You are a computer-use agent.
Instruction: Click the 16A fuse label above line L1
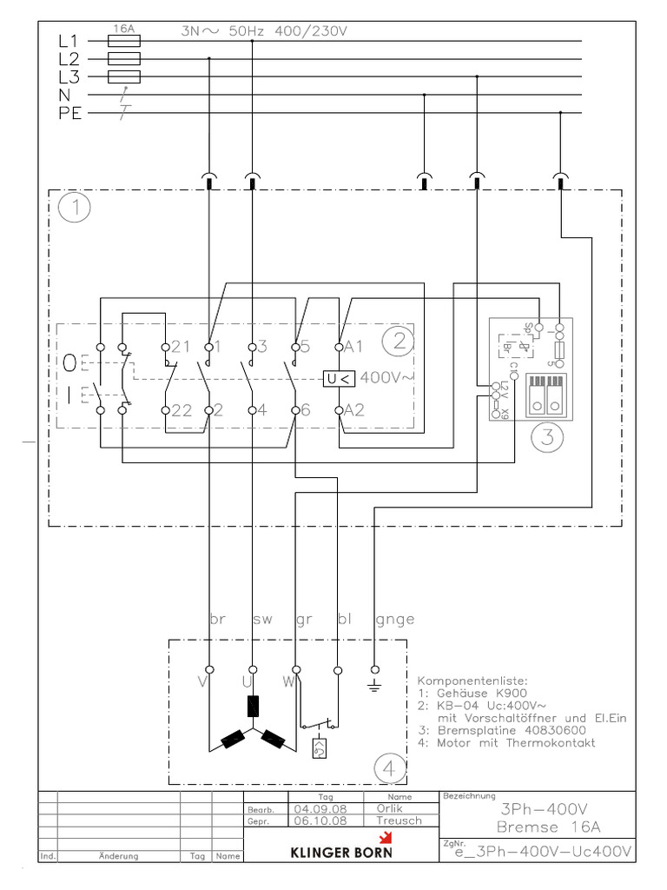click(x=124, y=29)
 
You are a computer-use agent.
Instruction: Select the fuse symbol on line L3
click(x=124, y=76)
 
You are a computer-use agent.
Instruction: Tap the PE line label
click(x=69, y=113)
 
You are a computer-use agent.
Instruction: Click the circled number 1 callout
click(x=76, y=209)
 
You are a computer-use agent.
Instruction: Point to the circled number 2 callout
click(x=399, y=342)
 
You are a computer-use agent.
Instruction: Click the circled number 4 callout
click(x=390, y=767)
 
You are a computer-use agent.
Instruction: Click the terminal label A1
click(x=353, y=347)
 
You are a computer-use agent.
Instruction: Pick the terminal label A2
click(x=353, y=410)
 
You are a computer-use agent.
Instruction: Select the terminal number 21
click(x=180, y=347)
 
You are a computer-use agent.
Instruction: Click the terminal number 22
click(x=180, y=410)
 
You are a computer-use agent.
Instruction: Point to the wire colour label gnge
click(x=395, y=620)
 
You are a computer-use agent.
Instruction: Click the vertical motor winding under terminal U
click(x=253, y=706)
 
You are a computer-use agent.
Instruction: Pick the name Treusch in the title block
click(x=399, y=820)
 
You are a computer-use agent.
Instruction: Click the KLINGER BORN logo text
click(x=340, y=853)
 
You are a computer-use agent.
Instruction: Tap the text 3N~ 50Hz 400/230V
click(x=264, y=31)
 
